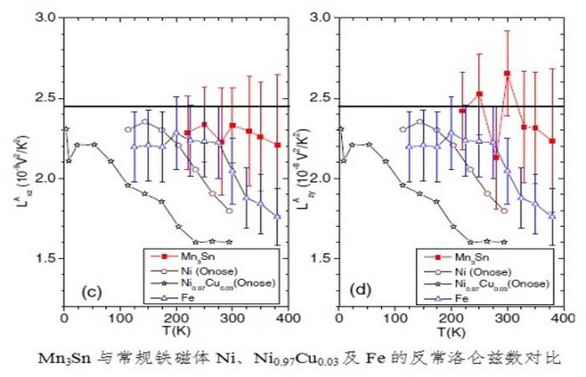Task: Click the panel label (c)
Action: (x=90, y=292)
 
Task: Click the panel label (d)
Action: (x=361, y=292)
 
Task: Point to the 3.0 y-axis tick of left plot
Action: (x=47, y=18)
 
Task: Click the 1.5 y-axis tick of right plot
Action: (x=320, y=259)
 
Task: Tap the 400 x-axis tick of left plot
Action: (x=289, y=318)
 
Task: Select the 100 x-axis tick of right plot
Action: (x=393, y=318)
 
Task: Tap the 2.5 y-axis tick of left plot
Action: (x=47, y=98)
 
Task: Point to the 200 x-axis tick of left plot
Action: (x=176, y=318)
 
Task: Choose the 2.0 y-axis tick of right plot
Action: (x=320, y=178)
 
